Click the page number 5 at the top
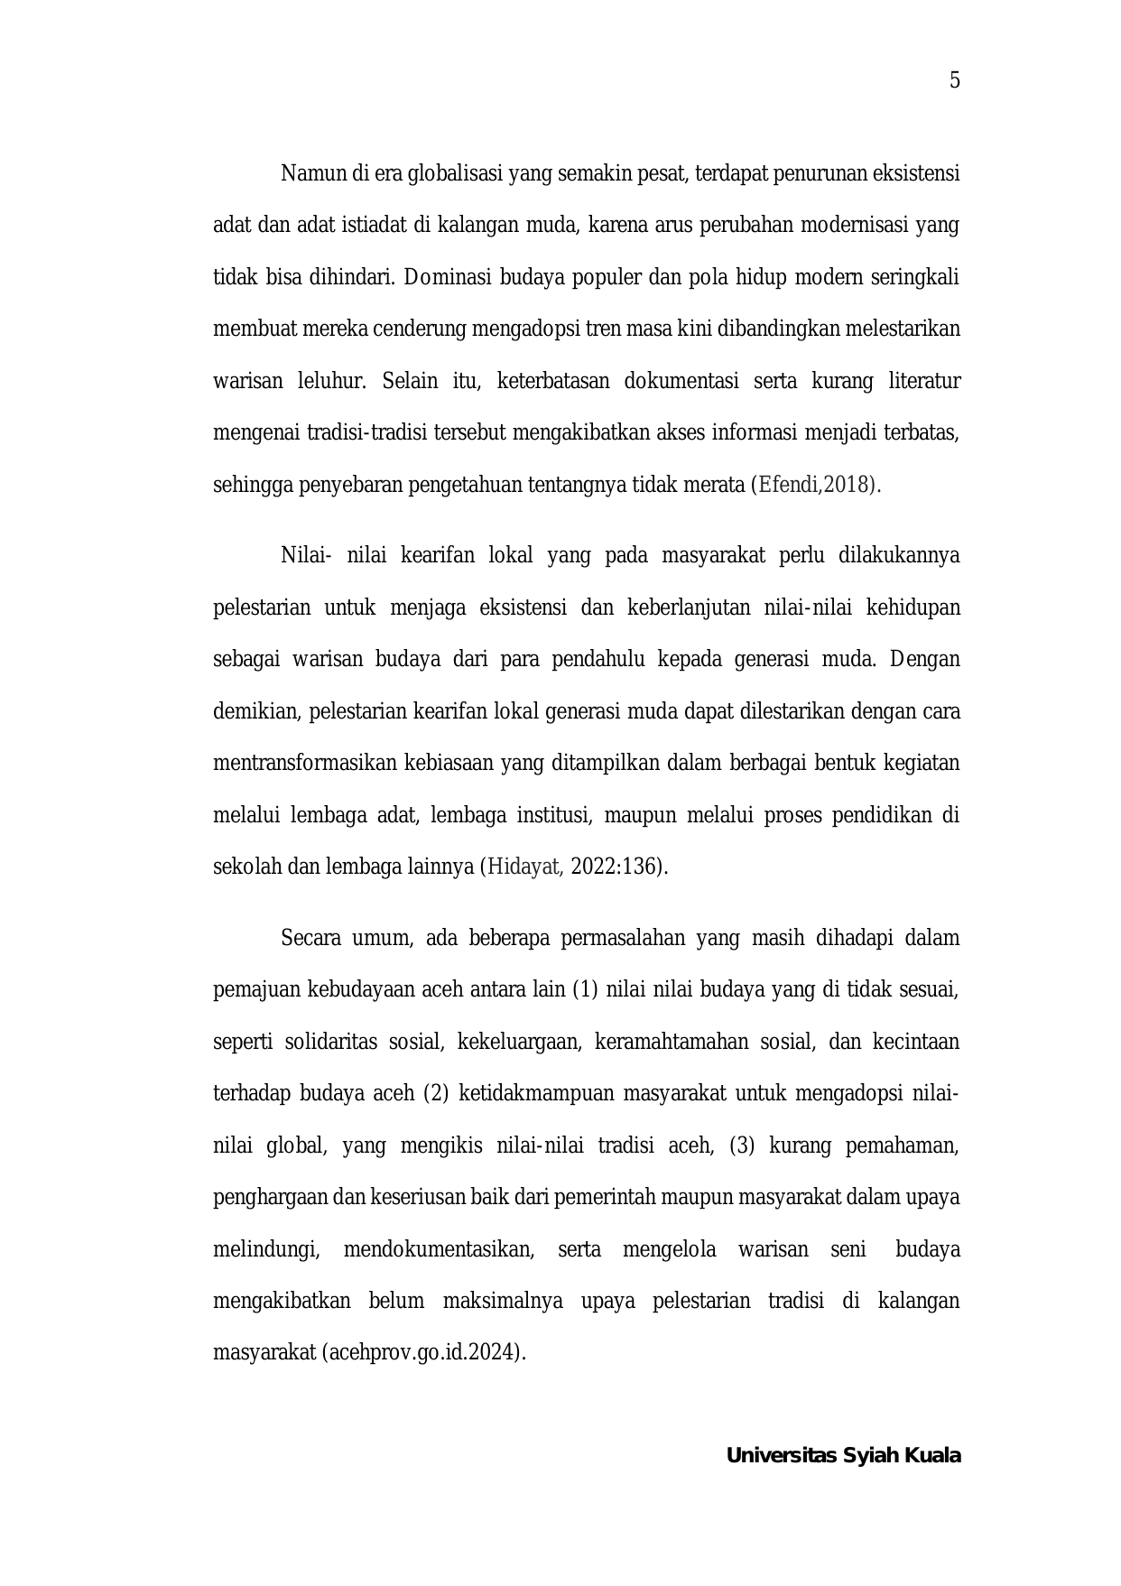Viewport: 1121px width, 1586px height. click(x=955, y=81)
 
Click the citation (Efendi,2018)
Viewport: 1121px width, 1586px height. click(x=815, y=485)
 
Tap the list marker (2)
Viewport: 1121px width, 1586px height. click(x=436, y=1094)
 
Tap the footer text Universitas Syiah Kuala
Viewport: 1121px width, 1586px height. click(x=843, y=1456)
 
